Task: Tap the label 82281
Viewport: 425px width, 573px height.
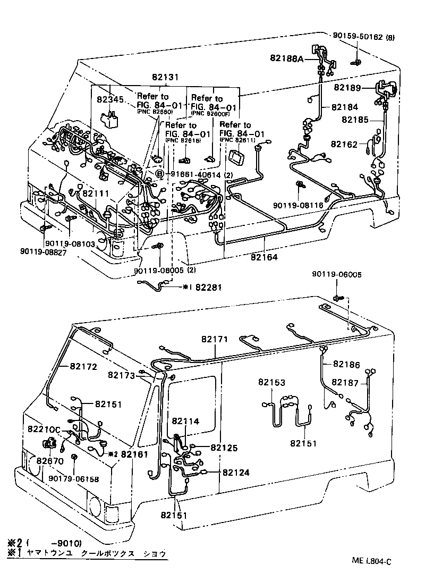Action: (210, 288)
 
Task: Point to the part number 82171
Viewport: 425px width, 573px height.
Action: (215, 339)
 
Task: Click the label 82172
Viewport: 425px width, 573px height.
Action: (82, 367)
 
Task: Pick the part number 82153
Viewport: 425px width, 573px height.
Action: (272, 382)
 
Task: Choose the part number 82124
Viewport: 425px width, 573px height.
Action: (236, 472)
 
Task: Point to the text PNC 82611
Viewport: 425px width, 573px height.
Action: (239, 140)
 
